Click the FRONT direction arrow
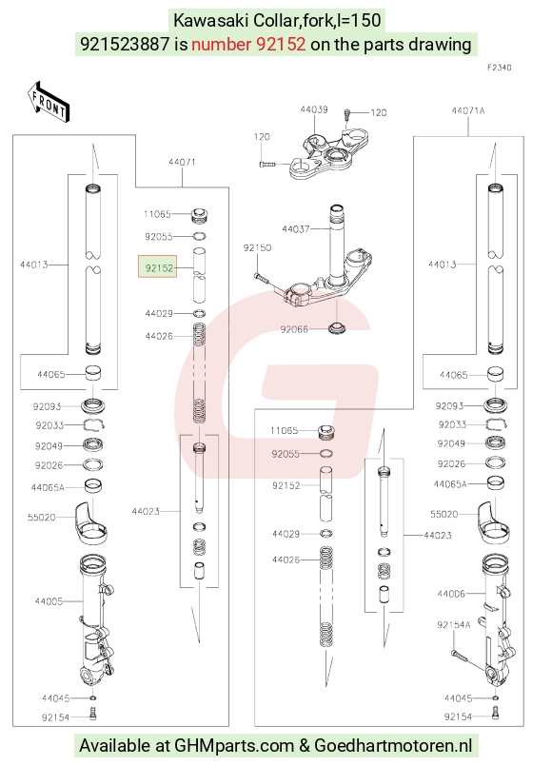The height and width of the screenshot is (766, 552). pos(49,102)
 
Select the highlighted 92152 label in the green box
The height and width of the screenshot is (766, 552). pos(158,267)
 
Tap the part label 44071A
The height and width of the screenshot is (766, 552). pos(468,111)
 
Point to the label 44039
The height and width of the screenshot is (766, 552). pos(314,109)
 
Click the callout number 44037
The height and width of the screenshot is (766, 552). pos(296,228)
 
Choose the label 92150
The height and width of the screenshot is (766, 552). pos(257,247)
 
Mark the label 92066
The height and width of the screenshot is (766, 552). pos(294,329)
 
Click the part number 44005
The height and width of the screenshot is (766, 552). pos(49,601)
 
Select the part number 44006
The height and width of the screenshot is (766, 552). pos(451,594)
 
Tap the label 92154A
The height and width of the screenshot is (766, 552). pos(453,625)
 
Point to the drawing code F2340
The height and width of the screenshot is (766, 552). pos(499,68)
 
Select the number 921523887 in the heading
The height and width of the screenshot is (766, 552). pos(125,45)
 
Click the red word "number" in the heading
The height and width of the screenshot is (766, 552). pos(221,45)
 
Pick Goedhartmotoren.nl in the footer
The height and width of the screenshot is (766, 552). pos(393,745)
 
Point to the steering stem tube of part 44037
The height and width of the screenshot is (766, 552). pos(336,245)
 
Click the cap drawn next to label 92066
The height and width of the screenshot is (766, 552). pos(336,327)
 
